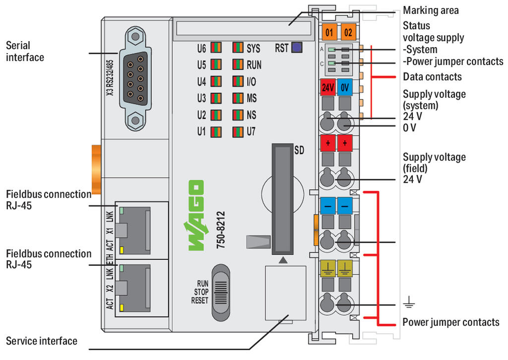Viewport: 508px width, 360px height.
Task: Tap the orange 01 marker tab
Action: pyautogui.click(x=329, y=33)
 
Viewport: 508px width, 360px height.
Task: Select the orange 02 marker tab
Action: pyautogui.click(x=348, y=33)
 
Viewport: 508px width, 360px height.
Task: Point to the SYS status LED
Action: pyautogui.click(x=238, y=49)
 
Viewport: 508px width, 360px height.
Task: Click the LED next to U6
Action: pyautogui.click(x=216, y=49)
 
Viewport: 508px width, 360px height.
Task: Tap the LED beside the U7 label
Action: pyautogui.click(x=238, y=132)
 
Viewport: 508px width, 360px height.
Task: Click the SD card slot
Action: pyautogui.click(x=281, y=198)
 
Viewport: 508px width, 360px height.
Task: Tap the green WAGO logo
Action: pyautogui.click(x=195, y=216)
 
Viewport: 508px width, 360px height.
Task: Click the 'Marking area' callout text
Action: pyautogui.click(x=431, y=10)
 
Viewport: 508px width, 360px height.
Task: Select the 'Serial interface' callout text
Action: pyautogui.click(x=25, y=52)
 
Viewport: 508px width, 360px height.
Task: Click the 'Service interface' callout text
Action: pyautogui.click(x=42, y=341)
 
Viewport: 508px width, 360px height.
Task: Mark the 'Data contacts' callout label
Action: pyautogui.click(x=432, y=77)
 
